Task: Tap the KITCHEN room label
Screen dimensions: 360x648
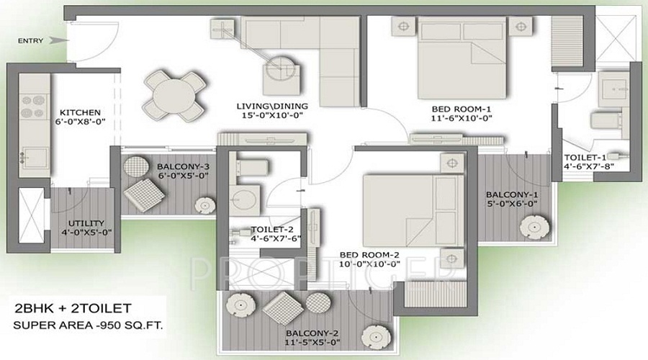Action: point(79,112)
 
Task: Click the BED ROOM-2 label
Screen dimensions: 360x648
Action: point(369,255)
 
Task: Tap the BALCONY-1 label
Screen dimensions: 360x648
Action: point(511,194)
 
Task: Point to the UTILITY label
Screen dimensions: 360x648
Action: point(86,222)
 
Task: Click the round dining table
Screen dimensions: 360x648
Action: point(168,95)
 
